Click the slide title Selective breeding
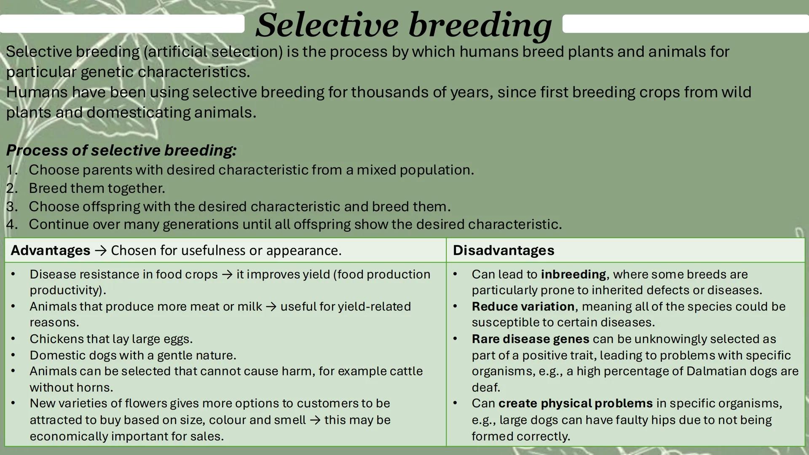tap(403, 25)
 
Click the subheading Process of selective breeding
tap(121, 150)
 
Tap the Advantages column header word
tap(50, 250)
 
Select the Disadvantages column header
tap(503, 250)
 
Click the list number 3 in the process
tap(11, 206)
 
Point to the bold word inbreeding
tap(573, 274)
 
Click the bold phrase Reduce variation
tap(523, 306)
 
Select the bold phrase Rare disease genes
tap(530, 339)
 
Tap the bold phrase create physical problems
tap(575, 403)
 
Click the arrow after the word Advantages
tap(100, 251)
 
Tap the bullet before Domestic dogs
tap(13, 355)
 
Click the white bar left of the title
tap(122, 24)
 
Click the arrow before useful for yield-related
tap(271, 307)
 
